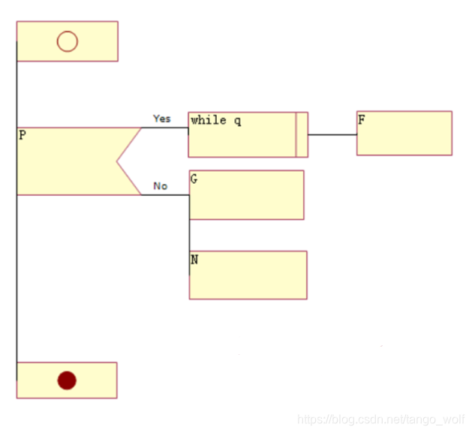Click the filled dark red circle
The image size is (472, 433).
point(67,380)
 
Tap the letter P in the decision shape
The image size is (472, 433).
point(23,134)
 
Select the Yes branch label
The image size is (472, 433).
point(162,119)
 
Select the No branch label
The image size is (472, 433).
point(161,186)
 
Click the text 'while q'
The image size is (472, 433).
point(216,121)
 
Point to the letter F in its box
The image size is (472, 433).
point(362,119)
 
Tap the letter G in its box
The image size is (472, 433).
point(194,179)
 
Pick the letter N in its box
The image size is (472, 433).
point(194,259)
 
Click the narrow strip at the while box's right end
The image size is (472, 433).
point(302,134)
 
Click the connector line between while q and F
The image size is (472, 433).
point(332,134)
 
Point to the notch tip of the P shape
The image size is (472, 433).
point(116,161)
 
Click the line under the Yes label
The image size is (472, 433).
point(164,128)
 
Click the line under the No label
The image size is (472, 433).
point(165,195)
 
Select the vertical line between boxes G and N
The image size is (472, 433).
point(189,235)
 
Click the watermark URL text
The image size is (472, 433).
point(380,419)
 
